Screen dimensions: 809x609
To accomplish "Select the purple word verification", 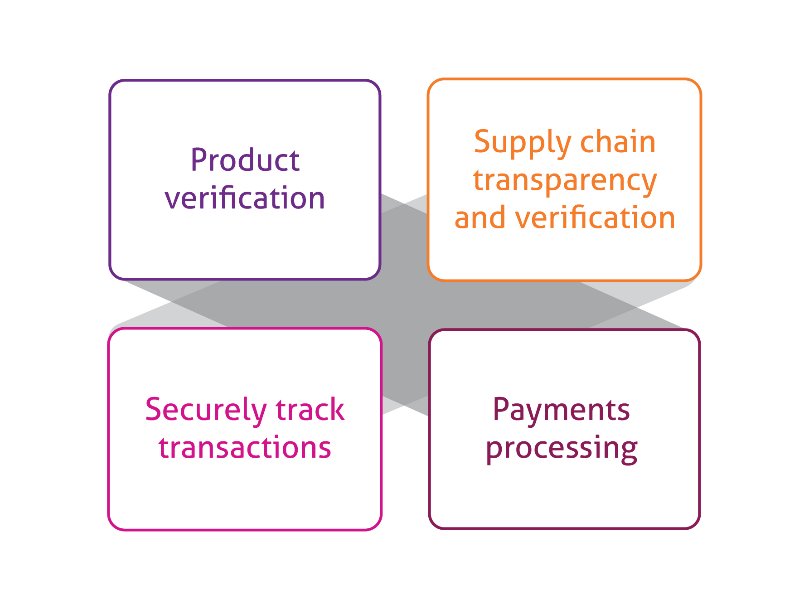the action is [245, 198].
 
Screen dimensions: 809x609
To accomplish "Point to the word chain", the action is [618, 141].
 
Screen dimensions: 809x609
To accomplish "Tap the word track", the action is [310, 409].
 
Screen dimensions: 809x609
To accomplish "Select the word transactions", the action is [245, 448].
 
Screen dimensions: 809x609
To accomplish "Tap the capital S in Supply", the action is [482, 141].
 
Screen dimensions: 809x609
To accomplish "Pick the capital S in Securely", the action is [154, 409].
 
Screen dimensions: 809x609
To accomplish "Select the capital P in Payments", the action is [501, 409].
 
